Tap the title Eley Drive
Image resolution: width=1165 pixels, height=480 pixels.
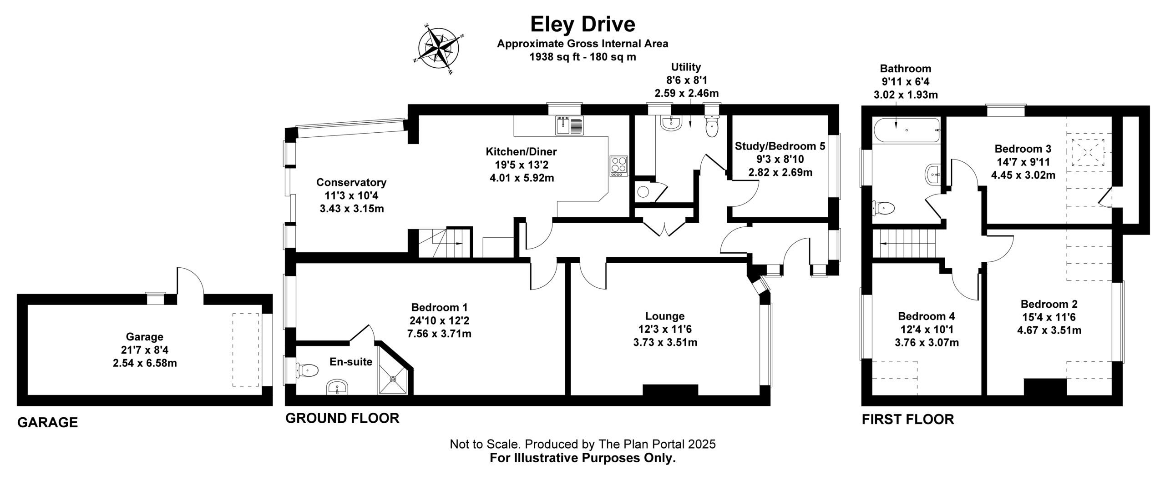tap(582, 24)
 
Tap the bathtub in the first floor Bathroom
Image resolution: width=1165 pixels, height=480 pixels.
tap(906, 131)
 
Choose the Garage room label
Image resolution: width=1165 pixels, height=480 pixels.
tap(145, 337)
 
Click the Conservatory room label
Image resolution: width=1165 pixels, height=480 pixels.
tap(351, 182)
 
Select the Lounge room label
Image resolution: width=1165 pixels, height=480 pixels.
tap(665, 316)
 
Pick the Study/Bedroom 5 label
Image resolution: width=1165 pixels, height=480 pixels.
tap(780, 146)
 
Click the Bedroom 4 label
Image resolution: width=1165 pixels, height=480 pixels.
tap(926, 316)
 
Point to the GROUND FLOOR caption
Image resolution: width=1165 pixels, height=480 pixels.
tap(342, 418)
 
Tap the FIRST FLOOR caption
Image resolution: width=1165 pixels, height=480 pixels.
tap(908, 419)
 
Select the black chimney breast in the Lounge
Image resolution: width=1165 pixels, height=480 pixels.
tap(670, 390)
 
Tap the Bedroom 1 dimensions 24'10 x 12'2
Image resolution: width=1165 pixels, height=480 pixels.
tap(439, 321)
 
